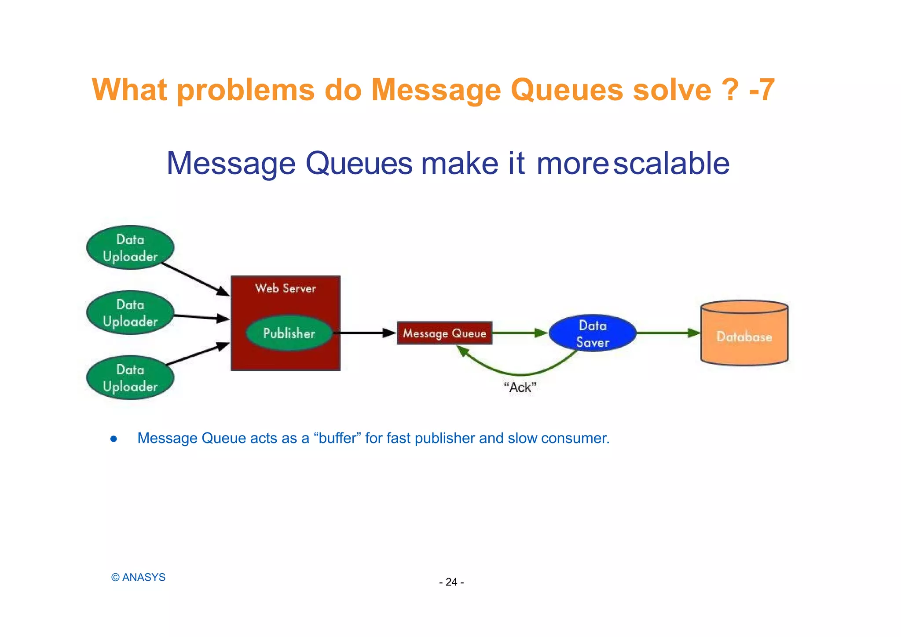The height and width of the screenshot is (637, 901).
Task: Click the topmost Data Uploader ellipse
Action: [130, 248]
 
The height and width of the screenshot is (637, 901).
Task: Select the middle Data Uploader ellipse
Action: [130, 313]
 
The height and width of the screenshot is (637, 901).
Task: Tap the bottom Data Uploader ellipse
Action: [130, 378]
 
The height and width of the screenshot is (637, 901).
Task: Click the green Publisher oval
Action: [289, 333]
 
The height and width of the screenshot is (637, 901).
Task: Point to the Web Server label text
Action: [286, 289]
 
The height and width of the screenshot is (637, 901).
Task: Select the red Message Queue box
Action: [444, 333]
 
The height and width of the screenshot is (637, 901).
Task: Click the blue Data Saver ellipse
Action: [593, 333]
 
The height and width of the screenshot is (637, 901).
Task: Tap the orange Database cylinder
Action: [744, 337]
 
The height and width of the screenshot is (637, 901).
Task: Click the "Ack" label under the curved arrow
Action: [520, 388]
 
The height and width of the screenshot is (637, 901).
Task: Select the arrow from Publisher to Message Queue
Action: [365, 333]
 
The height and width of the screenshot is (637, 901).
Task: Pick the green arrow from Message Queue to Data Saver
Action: [519, 333]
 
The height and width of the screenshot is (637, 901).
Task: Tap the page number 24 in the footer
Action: [451, 582]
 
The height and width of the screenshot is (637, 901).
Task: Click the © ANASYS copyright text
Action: [138, 577]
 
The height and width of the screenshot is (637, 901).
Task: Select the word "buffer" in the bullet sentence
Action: [337, 438]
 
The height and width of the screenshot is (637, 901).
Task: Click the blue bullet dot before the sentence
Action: [114, 439]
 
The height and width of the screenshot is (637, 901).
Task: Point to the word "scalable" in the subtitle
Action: [671, 164]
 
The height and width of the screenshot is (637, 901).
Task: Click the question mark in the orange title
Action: [730, 90]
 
